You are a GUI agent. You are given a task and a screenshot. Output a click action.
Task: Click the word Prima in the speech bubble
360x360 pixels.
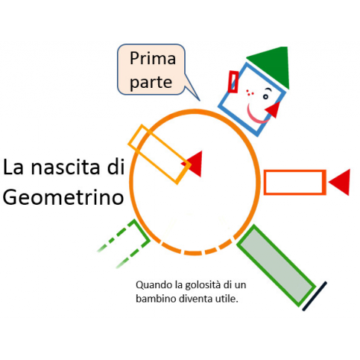[x=153, y=58]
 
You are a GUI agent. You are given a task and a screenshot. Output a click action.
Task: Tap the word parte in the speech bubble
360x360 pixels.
[x=151, y=83]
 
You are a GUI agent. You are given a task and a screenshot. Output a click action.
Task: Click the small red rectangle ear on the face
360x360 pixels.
[x=233, y=82]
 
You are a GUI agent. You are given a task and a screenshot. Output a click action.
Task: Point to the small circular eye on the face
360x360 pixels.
[x=265, y=97]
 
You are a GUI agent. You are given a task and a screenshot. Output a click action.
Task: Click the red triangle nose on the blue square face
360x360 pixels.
[x=273, y=109]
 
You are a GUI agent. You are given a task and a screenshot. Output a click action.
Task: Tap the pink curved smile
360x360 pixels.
[x=257, y=116]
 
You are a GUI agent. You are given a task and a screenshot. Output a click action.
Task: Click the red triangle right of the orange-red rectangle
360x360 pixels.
[x=339, y=182]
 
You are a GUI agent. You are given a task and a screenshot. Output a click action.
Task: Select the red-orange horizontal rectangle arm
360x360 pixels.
[x=295, y=182]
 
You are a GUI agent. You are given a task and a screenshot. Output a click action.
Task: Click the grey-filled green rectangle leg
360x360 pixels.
[x=277, y=266]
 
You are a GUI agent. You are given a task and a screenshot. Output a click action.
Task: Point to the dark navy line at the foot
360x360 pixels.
[x=314, y=296]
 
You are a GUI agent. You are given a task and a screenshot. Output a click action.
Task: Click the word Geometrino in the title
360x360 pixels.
[x=63, y=197]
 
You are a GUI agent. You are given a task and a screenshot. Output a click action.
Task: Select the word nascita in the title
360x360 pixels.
[x=65, y=167]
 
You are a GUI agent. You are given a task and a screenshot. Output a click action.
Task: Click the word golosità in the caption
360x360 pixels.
[x=203, y=285]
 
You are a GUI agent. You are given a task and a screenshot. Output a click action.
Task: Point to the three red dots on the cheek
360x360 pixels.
[x=249, y=92]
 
